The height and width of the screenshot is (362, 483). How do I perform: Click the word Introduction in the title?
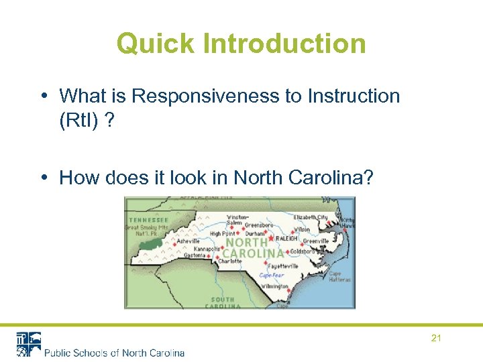[284, 44]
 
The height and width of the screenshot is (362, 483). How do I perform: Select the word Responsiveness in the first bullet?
[207, 96]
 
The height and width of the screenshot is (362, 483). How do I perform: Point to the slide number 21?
[436, 339]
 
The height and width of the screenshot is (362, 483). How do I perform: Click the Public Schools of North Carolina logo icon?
[29, 344]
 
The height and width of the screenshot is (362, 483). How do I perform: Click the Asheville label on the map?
[189, 241]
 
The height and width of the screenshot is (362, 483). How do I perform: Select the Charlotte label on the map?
[230, 261]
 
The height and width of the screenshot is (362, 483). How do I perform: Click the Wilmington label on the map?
[275, 286]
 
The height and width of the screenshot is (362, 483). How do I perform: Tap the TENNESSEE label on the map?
[148, 220]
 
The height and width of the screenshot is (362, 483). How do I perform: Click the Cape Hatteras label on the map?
[335, 276]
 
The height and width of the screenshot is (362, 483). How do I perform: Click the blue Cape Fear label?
[272, 275]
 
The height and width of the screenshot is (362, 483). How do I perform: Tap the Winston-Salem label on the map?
[237, 220]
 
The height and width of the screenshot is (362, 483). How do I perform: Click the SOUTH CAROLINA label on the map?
[223, 302]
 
